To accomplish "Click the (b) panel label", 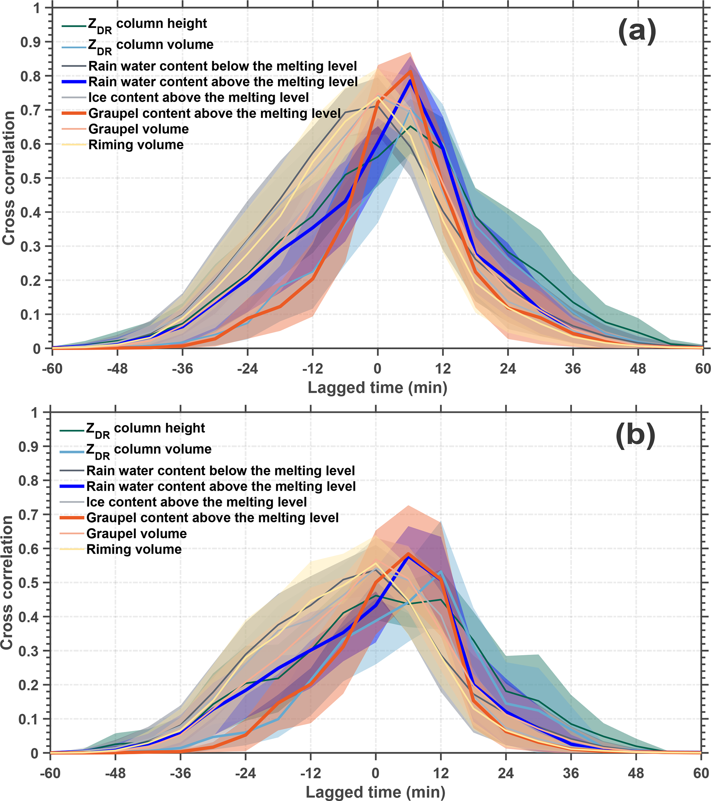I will coord(635,436).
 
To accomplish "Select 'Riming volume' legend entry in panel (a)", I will coord(136,145).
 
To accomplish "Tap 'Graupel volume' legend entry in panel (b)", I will coord(136,534).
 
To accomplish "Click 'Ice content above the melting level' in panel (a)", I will coord(198,98).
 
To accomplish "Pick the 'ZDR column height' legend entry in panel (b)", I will coord(145,429).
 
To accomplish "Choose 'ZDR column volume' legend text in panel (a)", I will coord(151,45).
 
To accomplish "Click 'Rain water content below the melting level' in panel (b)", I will coord(220,471).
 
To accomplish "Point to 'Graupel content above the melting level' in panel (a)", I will coord(214,114).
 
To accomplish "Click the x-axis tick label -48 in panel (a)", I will coord(117,369).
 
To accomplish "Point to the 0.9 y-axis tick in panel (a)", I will coord(30,42).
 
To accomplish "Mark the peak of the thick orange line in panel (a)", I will coord(410,72).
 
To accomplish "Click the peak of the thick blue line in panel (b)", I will coord(409,556).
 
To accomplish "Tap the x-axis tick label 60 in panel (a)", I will coord(703,369).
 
